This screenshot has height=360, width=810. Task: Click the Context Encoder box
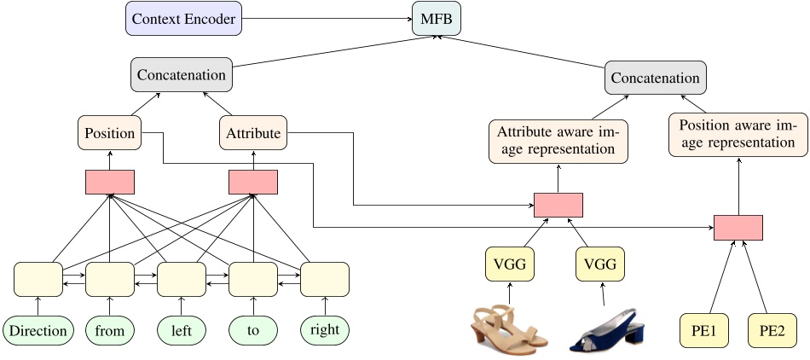184,18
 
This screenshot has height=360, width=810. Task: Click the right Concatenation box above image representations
656,78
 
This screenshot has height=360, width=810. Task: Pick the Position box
110,133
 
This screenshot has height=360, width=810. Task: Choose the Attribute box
253,133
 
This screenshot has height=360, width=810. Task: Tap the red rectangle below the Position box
110,182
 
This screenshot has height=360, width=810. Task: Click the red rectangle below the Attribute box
253,182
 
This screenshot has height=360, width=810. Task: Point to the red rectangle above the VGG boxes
558,205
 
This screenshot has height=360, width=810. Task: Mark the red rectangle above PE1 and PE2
738,228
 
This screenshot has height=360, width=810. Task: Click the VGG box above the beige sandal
510,264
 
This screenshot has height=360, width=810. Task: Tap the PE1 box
704,331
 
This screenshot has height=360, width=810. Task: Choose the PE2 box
772,331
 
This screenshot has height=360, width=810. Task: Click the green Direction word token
38,331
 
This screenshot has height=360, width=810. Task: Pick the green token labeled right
325,330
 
